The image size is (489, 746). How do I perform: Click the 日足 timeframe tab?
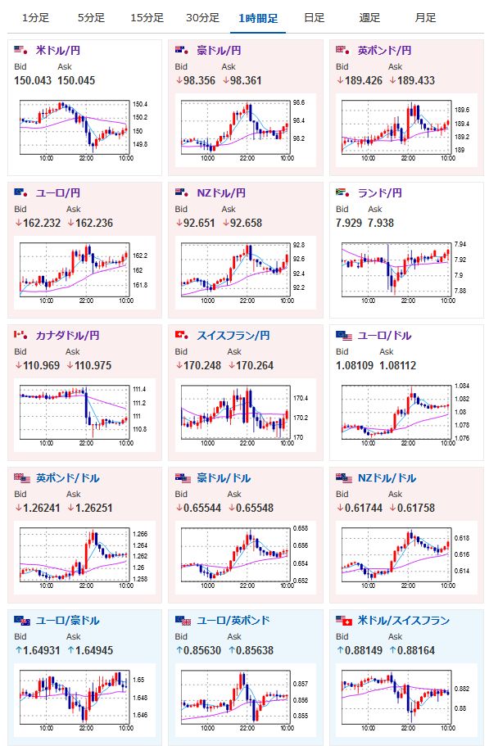pos(314,18)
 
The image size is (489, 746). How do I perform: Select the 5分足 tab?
pos(91,18)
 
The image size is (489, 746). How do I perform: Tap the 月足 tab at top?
pos(425,18)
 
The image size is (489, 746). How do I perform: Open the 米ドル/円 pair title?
pos(58,51)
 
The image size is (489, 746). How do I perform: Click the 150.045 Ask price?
pos(76,80)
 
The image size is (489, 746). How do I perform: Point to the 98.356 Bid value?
pos(199,80)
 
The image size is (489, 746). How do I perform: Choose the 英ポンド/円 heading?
pos(384,51)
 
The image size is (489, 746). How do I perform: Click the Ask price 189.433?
pos(416,80)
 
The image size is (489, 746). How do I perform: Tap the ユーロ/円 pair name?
pos(58,193)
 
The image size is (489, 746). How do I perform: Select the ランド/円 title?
pos(379,193)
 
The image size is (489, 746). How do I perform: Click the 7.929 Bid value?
pos(349,223)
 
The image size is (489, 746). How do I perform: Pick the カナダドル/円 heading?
pos(67,336)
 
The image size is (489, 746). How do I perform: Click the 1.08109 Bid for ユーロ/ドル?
pos(355,365)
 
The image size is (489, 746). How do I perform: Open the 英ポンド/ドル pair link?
pos(67,478)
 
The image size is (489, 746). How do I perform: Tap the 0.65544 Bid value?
pos(202,508)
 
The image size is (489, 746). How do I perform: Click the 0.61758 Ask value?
pos(416,508)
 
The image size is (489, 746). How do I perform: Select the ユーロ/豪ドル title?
pos(67,621)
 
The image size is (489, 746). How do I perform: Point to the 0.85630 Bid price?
pos(202,650)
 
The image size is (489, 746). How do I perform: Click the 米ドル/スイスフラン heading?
pos(403,621)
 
